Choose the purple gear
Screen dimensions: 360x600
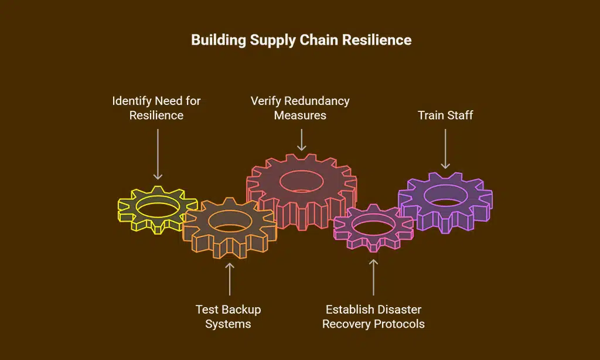pos(445,202)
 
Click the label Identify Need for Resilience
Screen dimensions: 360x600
pos(156,108)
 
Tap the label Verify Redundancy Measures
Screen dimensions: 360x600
pos(300,108)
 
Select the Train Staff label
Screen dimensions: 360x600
pos(445,115)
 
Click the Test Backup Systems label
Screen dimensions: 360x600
pos(229,317)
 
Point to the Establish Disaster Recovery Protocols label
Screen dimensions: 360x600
pos(373,317)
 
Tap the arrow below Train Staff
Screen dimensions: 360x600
pos(445,149)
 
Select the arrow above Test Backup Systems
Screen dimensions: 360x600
pos(230,279)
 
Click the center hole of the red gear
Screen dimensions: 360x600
pos(302,181)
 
